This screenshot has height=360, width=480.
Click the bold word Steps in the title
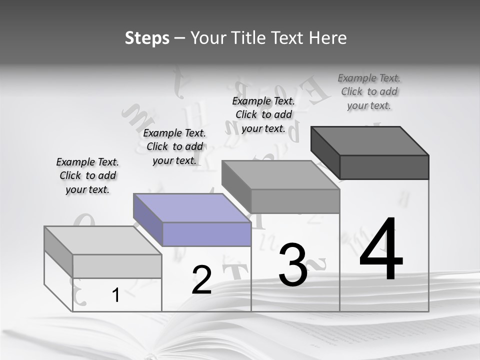[x=147, y=38]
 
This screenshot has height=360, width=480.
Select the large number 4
[x=381, y=250]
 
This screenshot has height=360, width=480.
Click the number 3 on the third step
[x=293, y=265]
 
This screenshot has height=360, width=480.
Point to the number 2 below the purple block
[x=201, y=280]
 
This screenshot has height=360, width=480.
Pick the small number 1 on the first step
[x=116, y=295]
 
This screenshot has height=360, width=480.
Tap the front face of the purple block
[x=206, y=234]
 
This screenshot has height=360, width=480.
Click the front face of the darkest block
[x=384, y=167]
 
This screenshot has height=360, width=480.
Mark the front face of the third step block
[x=295, y=201]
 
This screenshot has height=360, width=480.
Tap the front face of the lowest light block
[x=117, y=266]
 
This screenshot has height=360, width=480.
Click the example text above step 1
[x=87, y=175]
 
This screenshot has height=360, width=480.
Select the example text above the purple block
[x=174, y=146]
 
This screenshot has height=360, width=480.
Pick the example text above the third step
[x=263, y=114]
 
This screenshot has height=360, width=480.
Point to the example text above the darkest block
[x=369, y=91]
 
